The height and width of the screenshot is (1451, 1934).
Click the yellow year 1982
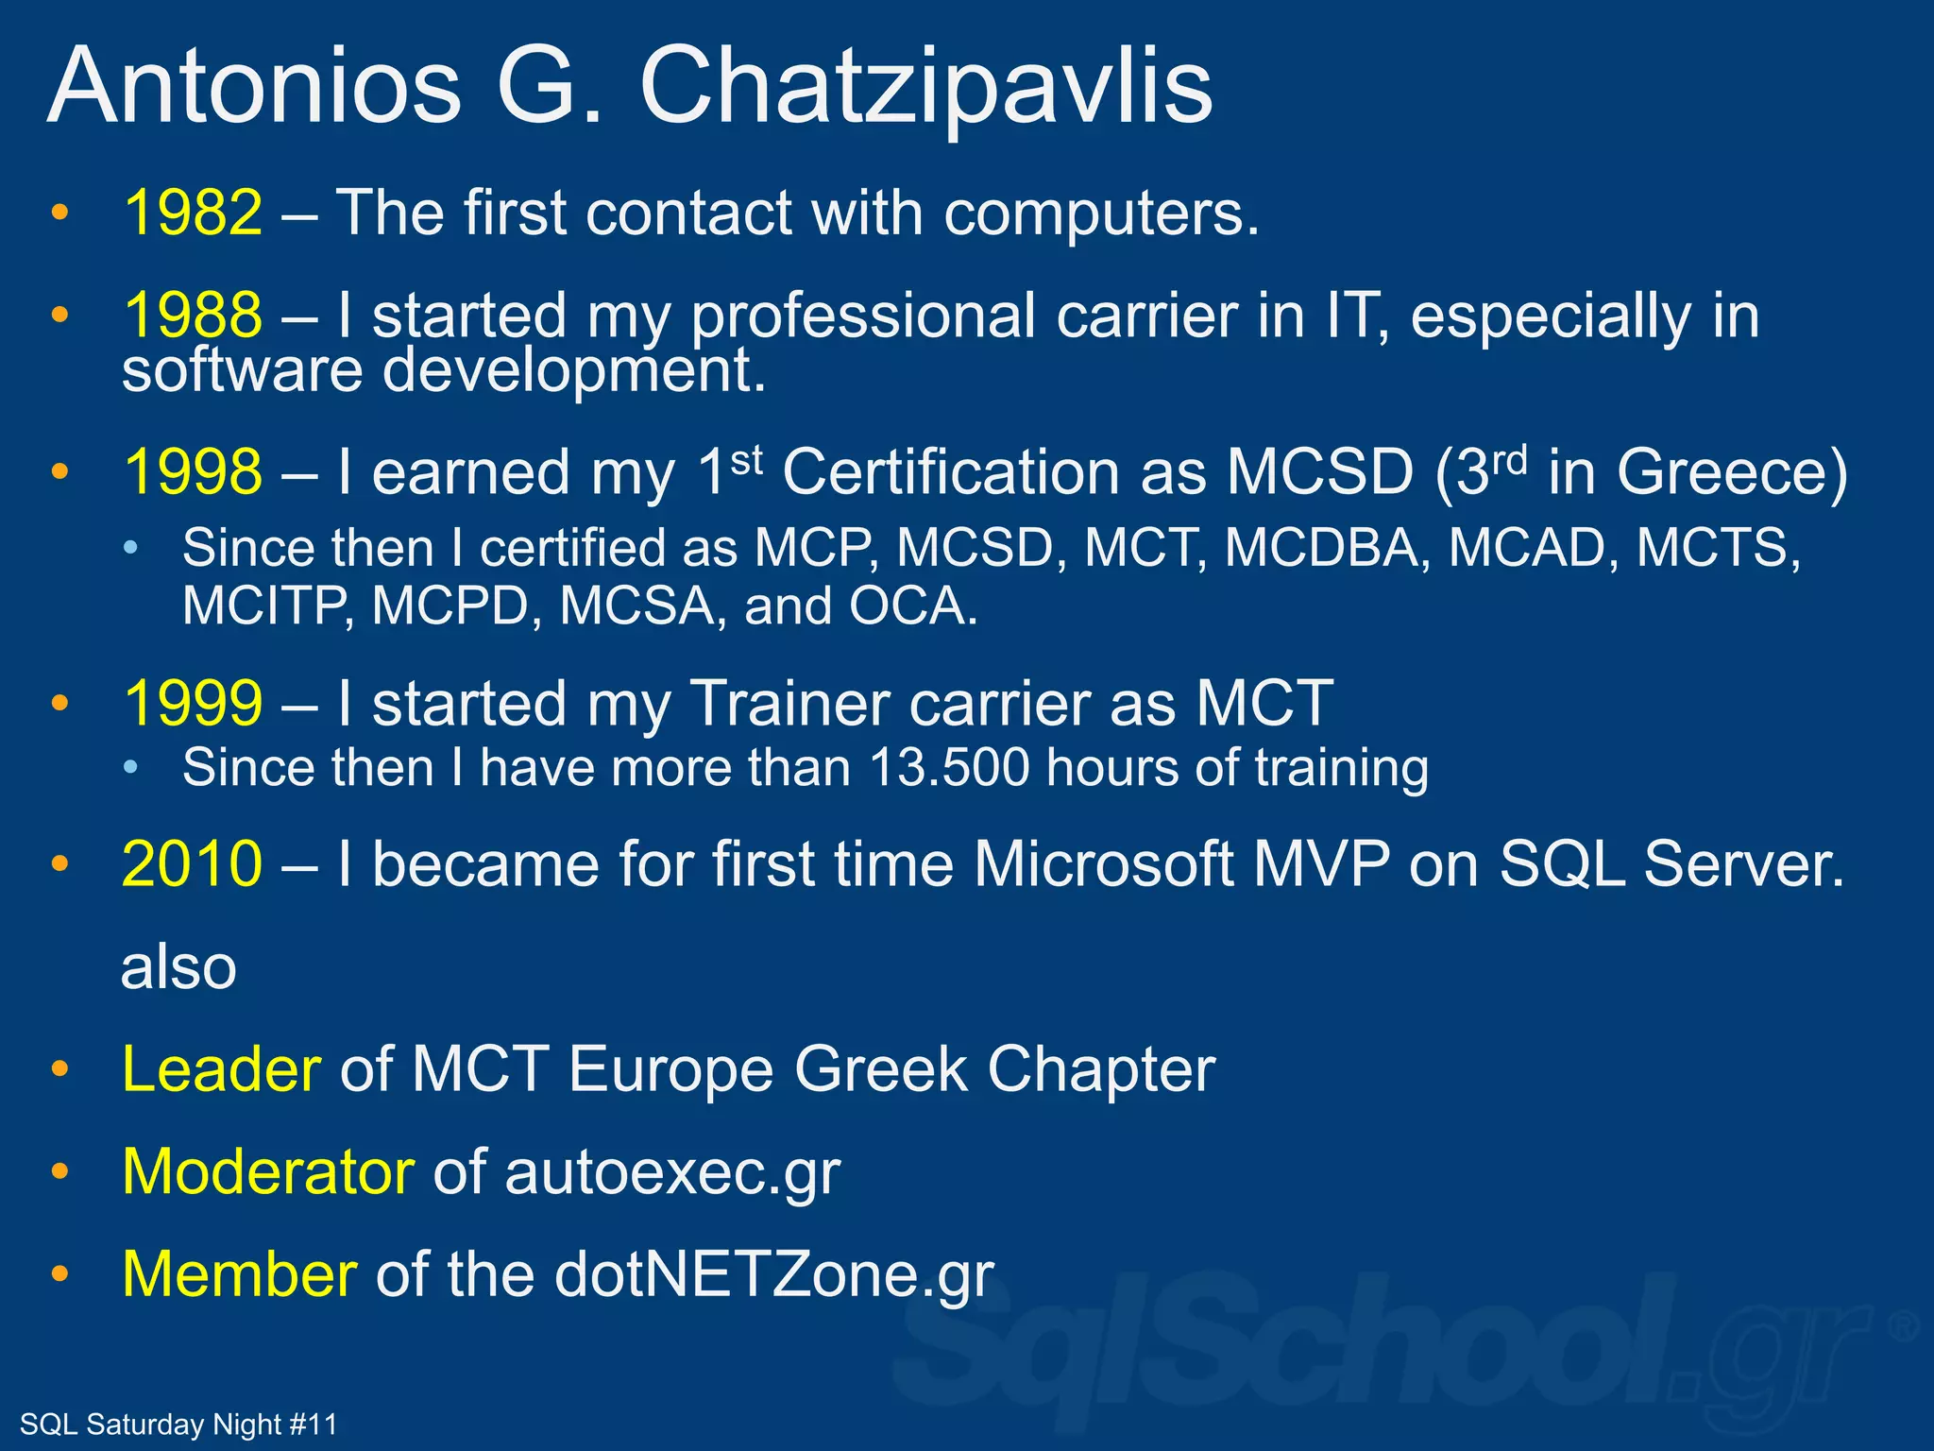193,213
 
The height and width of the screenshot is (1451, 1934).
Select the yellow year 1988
193,316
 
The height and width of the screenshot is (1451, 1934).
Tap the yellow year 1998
193,472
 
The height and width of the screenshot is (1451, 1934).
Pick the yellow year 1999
193,704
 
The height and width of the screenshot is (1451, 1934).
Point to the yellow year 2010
193,863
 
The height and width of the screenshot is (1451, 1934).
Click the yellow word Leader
222,1069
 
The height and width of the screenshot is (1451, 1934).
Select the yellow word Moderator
268,1172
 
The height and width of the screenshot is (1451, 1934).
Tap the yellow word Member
240,1274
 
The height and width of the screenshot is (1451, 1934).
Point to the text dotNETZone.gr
774,1275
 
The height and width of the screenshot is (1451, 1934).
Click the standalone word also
178,967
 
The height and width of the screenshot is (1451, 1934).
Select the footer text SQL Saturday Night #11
178,1424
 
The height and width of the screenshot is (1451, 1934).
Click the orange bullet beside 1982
60,213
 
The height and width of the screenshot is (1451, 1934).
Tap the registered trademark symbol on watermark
1902,1327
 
